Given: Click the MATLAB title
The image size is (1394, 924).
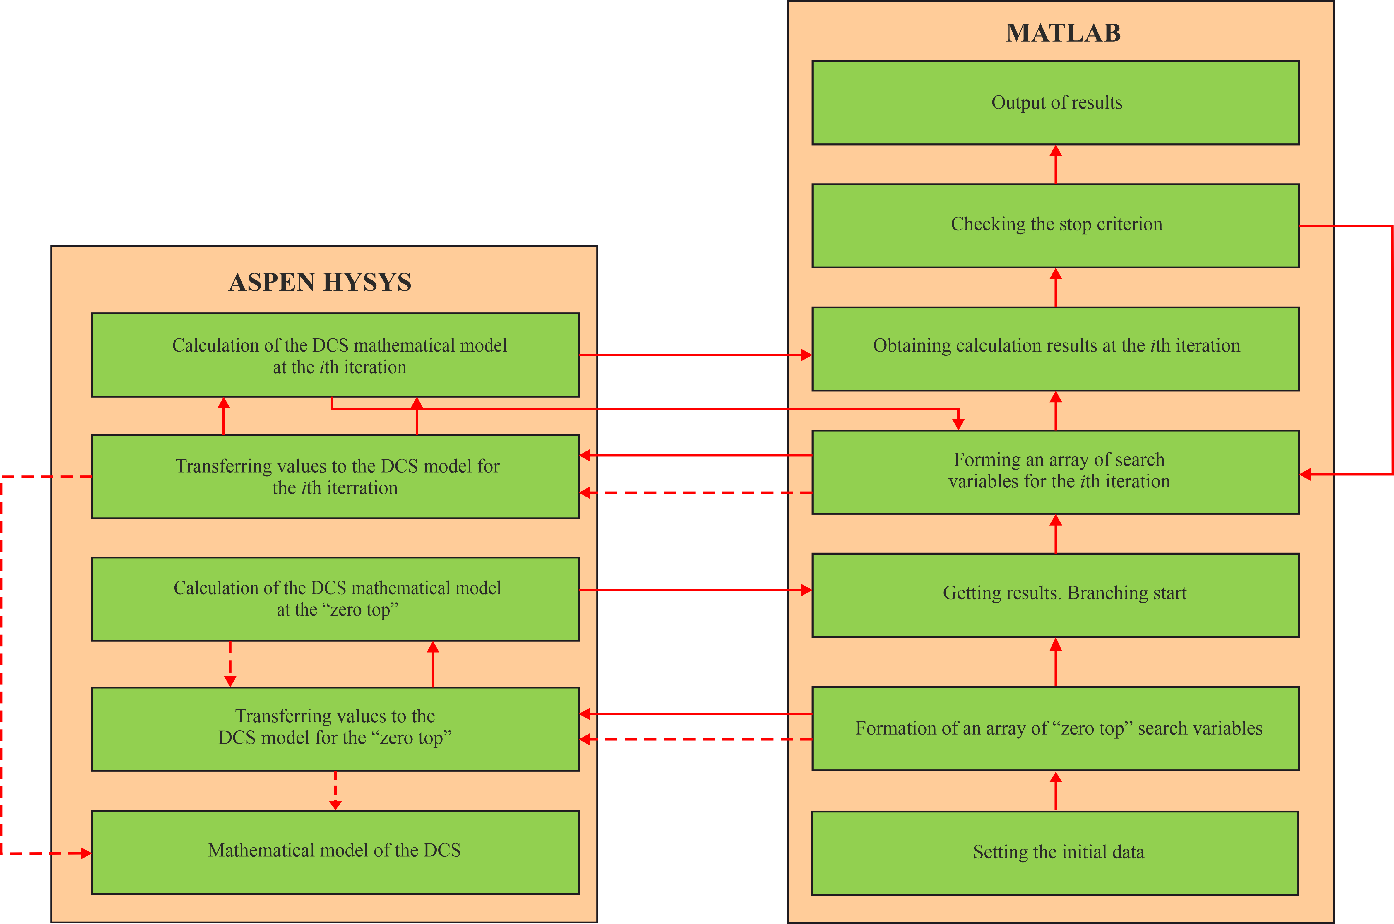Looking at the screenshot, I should point(1063,33).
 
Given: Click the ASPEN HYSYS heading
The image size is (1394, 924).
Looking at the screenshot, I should point(320,282).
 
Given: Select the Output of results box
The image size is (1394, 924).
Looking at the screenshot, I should point(1055,102).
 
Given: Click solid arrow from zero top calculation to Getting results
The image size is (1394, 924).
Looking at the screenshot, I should point(695,590).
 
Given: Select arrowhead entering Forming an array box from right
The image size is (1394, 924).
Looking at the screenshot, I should point(1306,474).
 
